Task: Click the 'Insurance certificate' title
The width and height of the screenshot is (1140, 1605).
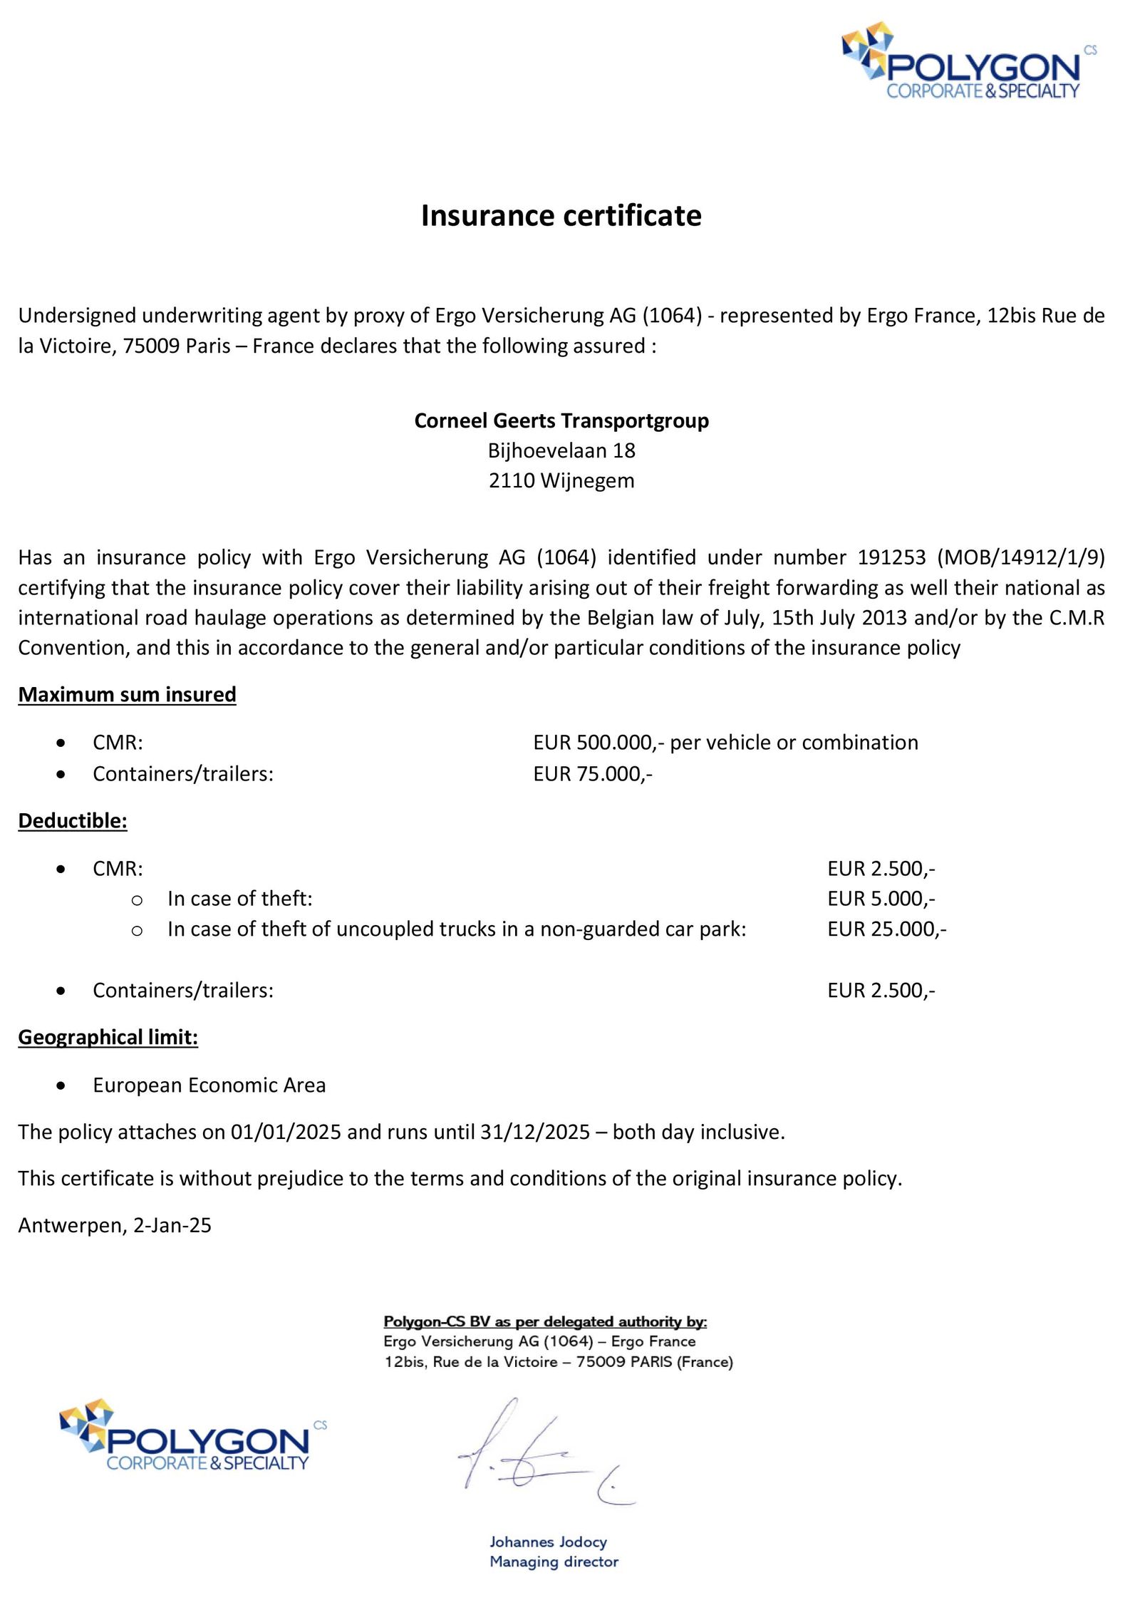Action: tap(561, 215)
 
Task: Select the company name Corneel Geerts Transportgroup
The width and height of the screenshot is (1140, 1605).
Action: tap(561, 420)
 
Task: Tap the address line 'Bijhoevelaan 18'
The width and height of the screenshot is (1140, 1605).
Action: tap(561, 450)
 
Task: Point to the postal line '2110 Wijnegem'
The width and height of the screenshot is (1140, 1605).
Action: tap(561, 480)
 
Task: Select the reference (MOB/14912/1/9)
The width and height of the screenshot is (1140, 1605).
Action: tap(1021, 557)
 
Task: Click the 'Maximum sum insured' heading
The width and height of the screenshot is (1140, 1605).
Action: tap(127, 694)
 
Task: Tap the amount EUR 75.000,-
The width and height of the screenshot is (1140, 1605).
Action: tap(593, 773)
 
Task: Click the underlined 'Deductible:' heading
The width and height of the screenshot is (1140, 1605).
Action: tap(73, 821)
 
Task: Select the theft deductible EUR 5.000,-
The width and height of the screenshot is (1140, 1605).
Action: tap(881, 899)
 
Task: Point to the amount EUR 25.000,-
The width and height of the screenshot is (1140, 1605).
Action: tap(887, 929)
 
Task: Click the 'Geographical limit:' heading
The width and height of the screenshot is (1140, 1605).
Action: tap(108, 1037)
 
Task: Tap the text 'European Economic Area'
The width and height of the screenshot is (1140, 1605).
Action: tap(209, 1085)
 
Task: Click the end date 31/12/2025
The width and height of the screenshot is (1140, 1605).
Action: tap(535, 1132)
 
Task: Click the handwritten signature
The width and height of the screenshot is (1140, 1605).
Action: tap(541, 1454)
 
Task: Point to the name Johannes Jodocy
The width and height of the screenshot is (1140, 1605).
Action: tap(548, 1541)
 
